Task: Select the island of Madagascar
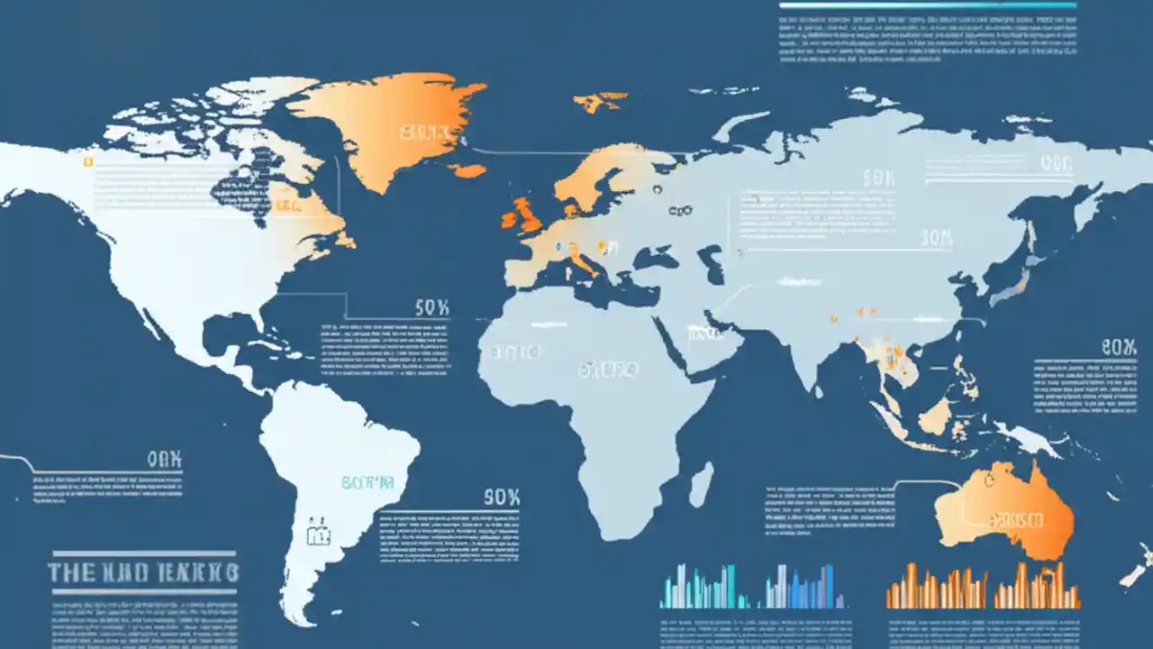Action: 701,483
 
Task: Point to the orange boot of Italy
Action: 583,264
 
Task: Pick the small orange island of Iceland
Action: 468,170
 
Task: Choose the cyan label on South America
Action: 368,483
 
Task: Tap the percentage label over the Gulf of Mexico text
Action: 431,308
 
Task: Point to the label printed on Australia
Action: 1016,520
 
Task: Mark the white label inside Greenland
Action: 423,134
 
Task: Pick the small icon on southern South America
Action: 317,535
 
